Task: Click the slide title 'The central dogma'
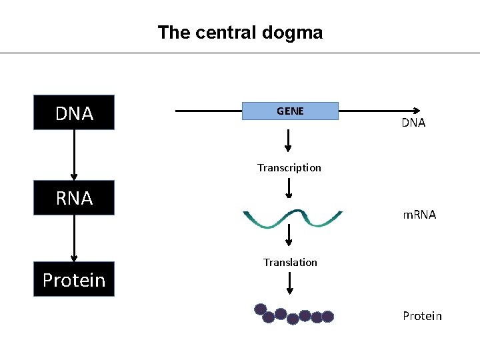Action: coord(240,33)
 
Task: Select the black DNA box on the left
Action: coord(74,113)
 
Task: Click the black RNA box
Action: coord(74,197)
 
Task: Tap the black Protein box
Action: coord(74,279)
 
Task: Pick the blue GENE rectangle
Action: coord(290,111)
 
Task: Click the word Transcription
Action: coord(289,167)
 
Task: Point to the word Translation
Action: coord(290,262)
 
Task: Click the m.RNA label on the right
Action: coord(419,215)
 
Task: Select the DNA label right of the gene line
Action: coord(413,123)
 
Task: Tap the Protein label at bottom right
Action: coord(422,315)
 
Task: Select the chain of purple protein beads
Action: coord(293,314)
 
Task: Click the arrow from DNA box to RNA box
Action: coord(74,155)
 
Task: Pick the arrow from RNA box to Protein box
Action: coord(74,238)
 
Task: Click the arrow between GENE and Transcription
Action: coord(289,140)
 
